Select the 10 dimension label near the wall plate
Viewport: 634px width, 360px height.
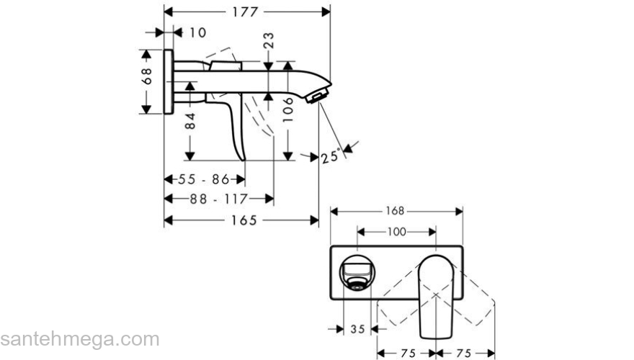[197, 32]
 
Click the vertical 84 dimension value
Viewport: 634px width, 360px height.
[190, 121]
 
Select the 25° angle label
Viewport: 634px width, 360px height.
[331, 156]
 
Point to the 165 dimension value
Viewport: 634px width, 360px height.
[244, 220]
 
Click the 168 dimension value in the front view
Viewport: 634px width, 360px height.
[396, 211]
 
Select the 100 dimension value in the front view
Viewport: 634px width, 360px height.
[396, 232]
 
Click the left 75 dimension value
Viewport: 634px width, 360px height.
[408, 353]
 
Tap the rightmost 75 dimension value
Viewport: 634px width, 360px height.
[465, 353]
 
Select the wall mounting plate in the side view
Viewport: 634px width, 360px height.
[169, 81]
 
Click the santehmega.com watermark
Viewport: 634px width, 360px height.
[79, 338]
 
